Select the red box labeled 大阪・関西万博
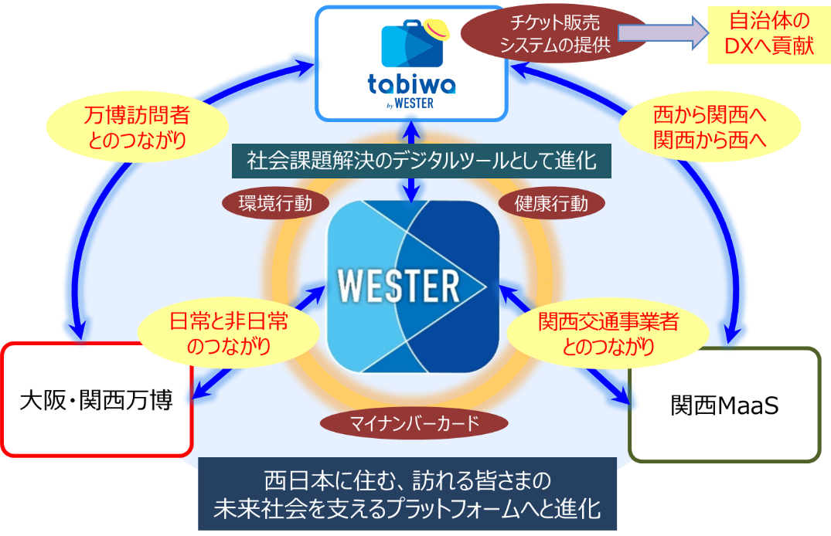pyautogui.click(x=96, y=400)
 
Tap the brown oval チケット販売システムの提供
pyautogui.click(x=555, y=35)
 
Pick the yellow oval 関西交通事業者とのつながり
pyautogui.click(x=598, y=333)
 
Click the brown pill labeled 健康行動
pyautogui.click(x=551, y=204)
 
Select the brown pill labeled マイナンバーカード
pyautogui.click(x=414, y=423)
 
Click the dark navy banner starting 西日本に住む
pyautogui.click(x=407, y=495)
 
